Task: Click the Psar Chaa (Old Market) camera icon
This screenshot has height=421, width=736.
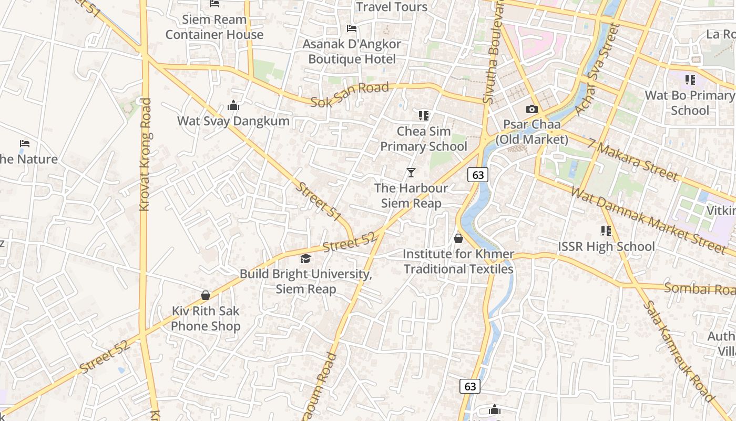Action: pos(532,109)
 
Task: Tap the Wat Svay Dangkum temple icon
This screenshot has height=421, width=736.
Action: pos(233,106)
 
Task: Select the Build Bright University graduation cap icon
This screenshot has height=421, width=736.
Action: pos(305,258)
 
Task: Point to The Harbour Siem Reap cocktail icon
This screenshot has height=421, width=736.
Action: pos(411,173)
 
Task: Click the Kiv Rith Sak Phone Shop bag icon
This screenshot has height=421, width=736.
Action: pos(206,295)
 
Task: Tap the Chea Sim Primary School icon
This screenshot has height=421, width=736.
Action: pos(423,115)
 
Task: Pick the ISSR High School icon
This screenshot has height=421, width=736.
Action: pos(606,230)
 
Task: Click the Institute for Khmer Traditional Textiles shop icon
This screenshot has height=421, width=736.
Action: pos(458,238)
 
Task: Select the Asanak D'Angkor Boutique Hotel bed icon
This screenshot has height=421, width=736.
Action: pos(352,28)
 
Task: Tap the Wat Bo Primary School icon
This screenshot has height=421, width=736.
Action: pos(690,80)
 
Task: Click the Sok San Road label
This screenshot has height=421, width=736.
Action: pos(349,95)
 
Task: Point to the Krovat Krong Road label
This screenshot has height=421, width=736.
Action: pos(146,155)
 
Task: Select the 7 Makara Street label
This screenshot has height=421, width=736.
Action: pos(633,159)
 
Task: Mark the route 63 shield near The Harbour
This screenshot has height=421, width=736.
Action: pos(478,175)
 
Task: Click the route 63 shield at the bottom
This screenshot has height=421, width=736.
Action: pos(470,386)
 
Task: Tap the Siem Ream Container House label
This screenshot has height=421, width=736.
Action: pos(214,27)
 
